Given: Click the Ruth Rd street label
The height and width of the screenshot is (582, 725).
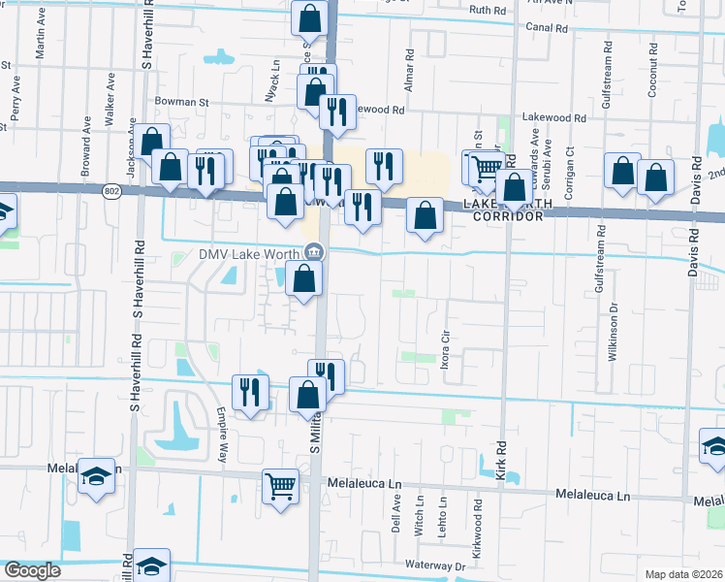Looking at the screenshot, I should tap(488, 10).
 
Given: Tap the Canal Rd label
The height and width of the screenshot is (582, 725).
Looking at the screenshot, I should tap(548, 28).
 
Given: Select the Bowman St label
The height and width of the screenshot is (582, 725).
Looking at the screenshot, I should tap(181, 101).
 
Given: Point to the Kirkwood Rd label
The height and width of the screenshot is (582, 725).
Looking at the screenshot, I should tap(477, 530).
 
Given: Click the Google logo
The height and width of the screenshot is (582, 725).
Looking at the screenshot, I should tap(32, 571).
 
